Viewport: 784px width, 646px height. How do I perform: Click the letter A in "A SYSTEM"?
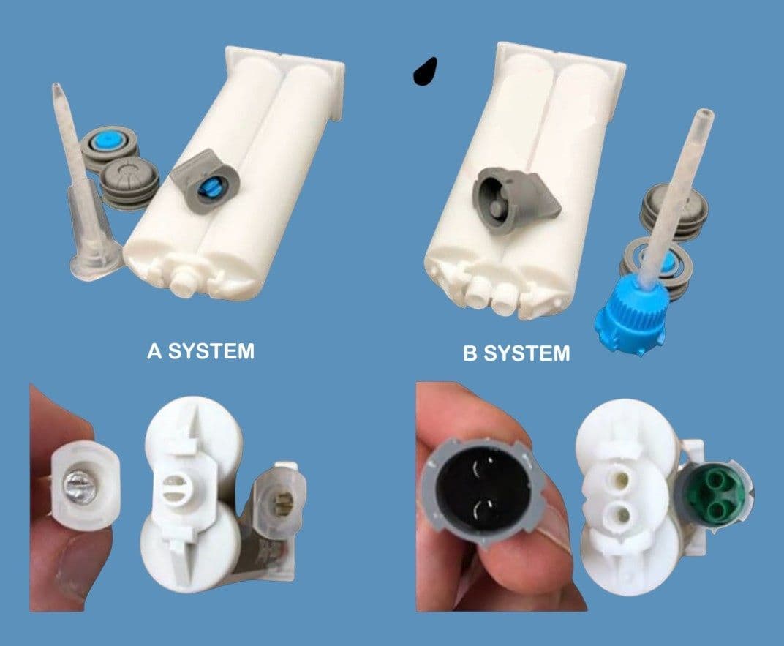[154, 351]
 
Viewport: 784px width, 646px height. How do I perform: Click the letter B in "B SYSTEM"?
[470, 354]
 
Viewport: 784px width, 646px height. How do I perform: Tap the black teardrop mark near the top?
[425, 70]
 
